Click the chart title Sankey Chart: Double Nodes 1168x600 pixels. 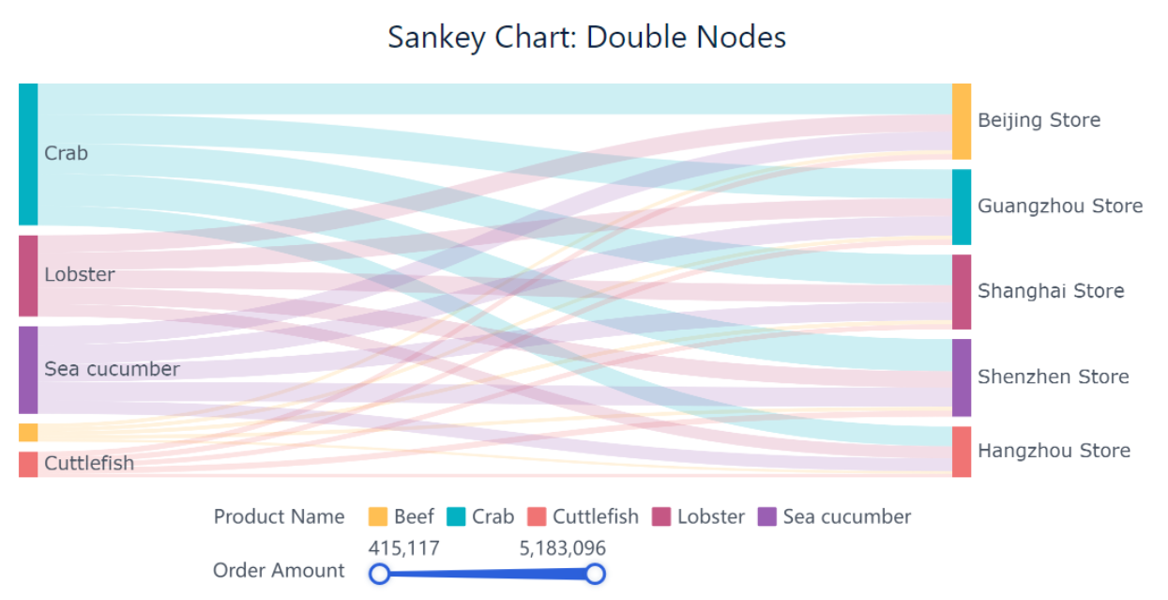coord(586,37)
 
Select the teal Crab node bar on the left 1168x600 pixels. coord(28,154)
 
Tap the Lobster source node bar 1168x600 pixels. coord(28,275)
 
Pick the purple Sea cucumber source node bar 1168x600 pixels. coord(28,369)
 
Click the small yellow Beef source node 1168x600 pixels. coord(28,432)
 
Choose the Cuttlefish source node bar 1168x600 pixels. coord(28,464)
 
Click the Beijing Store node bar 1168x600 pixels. coord(962,121)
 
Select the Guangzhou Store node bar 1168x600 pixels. coord(962,207)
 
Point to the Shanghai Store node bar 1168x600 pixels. coord(962,291)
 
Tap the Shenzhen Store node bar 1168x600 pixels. coord(962,377)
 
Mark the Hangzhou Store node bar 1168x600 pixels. coord(962,452)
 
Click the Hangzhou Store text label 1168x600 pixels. coord(1054,451)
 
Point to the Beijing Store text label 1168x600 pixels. coord(1039,120)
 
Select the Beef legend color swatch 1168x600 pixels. coord(378,516)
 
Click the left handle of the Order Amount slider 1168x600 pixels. coord(379,574)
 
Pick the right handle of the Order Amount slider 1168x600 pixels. coord(595,574)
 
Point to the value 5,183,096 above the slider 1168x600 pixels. coord(562,548)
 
